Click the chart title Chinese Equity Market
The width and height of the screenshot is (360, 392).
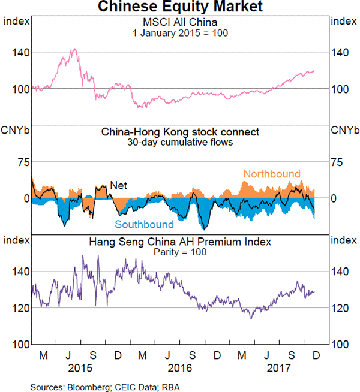point(180,7)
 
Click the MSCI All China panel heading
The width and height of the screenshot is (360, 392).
point(180,23)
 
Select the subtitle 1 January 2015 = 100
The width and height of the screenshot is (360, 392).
point(180,33)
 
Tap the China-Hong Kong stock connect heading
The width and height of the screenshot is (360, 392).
point(180,132)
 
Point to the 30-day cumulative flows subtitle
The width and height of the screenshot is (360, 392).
point(180,143)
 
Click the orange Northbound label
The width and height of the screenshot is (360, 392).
point(271,174)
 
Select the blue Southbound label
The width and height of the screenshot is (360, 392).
point(145,225)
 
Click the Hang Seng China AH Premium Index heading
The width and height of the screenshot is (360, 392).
point(180,242)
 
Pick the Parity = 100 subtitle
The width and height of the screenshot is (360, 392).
point(180,252)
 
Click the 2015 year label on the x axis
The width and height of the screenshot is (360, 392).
point(80,367)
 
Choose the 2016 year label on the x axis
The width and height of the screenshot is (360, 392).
point(179,367)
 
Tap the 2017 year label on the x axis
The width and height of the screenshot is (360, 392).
point(278,367)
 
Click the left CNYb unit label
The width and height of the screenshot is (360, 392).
point(15,131)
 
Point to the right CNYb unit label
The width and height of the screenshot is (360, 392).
point(345,131)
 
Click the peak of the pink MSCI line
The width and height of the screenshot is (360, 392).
point(73,49)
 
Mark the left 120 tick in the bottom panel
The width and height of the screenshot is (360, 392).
point(18,308)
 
